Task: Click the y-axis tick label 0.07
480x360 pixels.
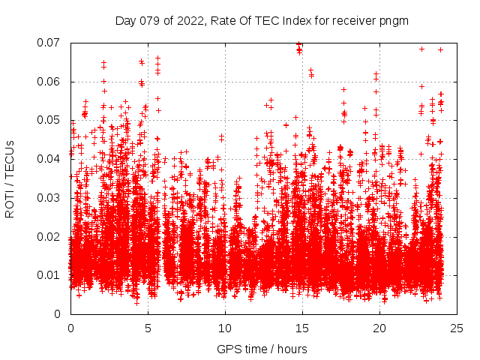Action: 52,43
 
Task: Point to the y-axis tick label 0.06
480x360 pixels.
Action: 52,82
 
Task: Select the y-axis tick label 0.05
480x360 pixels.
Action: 52,120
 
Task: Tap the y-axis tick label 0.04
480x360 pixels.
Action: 52,159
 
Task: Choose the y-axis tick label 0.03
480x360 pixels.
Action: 52,198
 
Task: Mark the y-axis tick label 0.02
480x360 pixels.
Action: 52,236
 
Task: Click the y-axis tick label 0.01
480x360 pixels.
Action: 52,275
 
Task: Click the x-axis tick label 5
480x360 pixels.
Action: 148,328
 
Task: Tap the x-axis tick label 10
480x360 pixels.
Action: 225,328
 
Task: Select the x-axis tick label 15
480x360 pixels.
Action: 302,328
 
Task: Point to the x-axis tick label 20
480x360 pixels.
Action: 379,328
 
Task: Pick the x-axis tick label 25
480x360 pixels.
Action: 457,328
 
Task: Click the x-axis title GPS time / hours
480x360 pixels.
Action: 262,349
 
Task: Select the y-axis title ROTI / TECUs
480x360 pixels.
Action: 10,178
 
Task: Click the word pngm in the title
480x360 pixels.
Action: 394,20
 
